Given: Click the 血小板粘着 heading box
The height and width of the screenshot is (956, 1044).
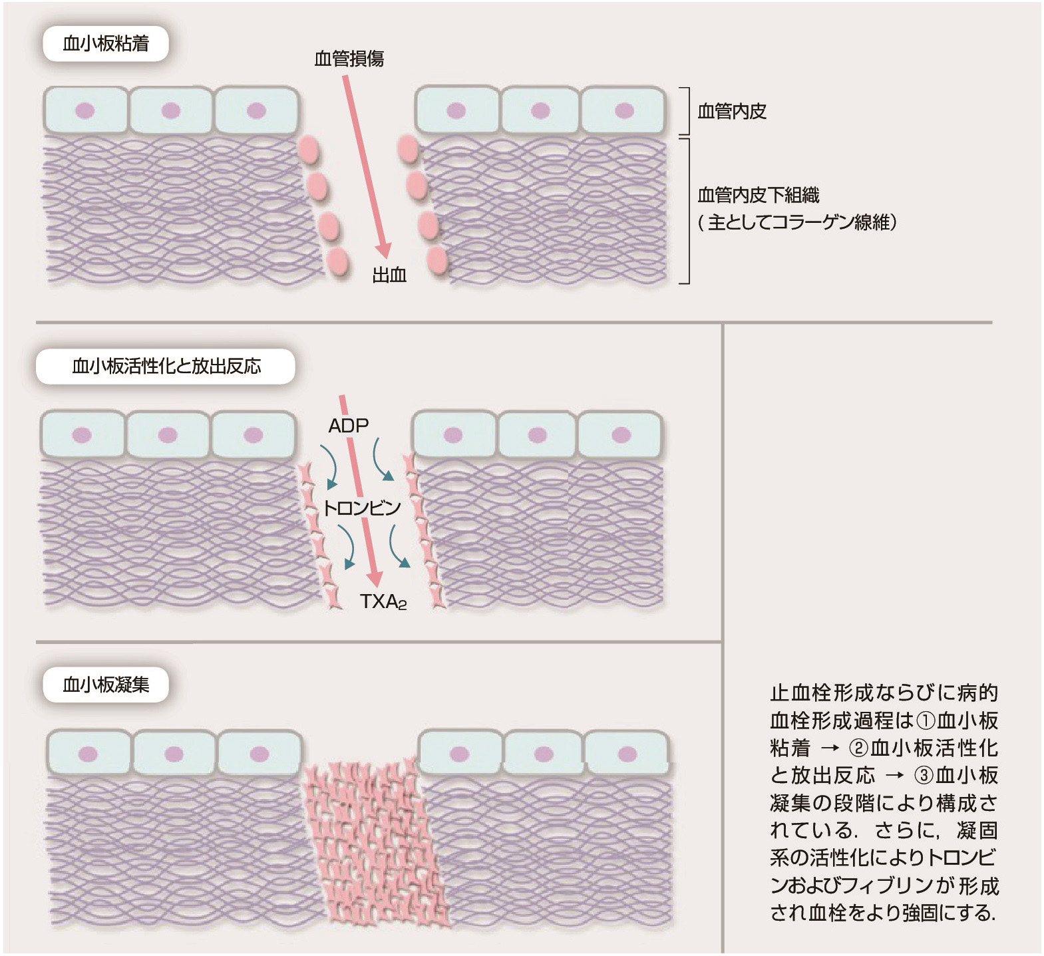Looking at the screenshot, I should coord(106,45).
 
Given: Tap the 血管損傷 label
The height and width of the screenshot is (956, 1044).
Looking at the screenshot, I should coord(349,59).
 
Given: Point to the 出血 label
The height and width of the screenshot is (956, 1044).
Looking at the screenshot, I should coord(389,275).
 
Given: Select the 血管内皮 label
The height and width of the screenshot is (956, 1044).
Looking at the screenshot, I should coord(732,111).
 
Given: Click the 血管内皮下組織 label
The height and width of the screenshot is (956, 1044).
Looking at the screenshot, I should coord(758,195).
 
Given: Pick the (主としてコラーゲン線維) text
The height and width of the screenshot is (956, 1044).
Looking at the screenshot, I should coord(797,222).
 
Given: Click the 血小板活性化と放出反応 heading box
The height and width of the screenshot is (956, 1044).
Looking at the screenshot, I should coord(166,367).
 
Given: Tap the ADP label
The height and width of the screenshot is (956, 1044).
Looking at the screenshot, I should coord(348,426).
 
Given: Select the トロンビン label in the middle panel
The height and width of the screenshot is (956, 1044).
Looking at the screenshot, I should coord(361,509).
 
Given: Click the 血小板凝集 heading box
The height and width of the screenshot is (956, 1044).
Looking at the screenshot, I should coord(106,685).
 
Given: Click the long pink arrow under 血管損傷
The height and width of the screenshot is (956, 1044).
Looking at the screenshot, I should coord(366,166).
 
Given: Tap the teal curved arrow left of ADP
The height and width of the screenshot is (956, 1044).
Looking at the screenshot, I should coord(329,465).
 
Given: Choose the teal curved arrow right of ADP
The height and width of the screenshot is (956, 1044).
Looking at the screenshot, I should coord(382,460).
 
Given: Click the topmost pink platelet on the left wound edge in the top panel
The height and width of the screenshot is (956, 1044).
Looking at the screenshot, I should coord(309,150).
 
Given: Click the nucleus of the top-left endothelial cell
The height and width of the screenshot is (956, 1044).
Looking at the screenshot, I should coord(85,110).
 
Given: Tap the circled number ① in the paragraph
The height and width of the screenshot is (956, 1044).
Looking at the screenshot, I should coord(926,720).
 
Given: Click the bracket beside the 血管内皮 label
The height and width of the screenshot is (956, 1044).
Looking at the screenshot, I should coord(685,111).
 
